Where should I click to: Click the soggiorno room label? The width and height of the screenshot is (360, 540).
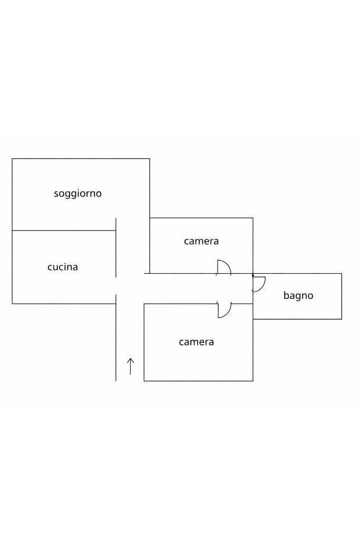point(78,194)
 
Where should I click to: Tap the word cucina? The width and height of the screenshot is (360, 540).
point(63,267)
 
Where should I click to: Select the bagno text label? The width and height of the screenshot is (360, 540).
point(298,295)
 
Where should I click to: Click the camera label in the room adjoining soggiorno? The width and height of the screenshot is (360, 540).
point(201,241)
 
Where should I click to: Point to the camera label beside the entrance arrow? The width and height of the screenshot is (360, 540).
point(197,342)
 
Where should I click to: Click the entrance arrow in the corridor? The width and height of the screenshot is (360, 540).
point(130,367)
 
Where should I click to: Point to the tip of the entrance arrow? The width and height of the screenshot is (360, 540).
point(130,358)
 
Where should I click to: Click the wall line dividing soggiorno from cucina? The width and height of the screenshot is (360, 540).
point(64,230)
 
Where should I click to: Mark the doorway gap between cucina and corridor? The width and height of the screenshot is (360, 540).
point(116,286)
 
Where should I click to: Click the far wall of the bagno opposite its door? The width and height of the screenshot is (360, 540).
point(342,296)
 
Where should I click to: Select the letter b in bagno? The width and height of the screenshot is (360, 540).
point(286,295)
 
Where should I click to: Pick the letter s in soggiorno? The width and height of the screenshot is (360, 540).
point(56,194)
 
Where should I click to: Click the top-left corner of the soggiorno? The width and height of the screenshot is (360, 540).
point(13,159)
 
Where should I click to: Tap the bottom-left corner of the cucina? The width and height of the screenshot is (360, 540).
point(13,304)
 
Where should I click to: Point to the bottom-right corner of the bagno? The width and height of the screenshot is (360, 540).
point(342,319)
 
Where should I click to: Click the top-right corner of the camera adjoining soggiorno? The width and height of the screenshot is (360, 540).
point(253,218)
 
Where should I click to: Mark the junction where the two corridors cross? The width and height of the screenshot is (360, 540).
point(130,288)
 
